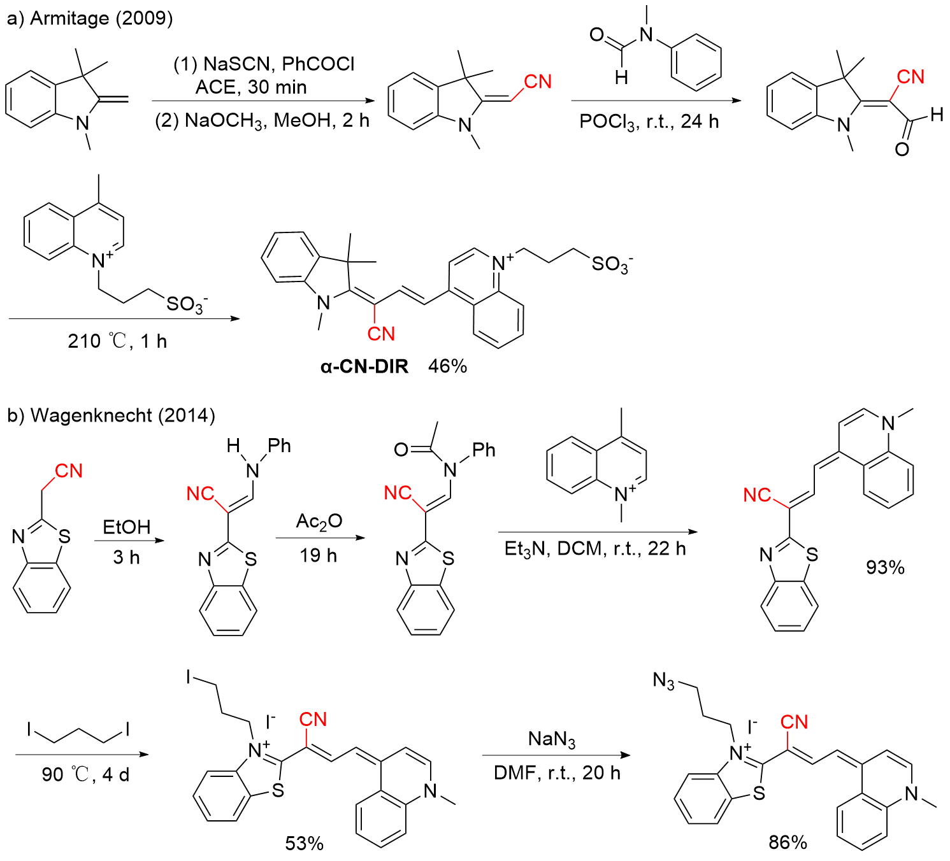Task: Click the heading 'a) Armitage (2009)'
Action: tap(89, 18)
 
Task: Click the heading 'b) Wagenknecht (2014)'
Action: tap(111, 415)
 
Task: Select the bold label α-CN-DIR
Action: tap(364, 366)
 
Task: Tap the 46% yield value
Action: tap(447, 366)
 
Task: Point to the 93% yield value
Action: tap(885, 567)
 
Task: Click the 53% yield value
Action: tap(304, 843)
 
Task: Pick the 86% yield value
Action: tap(788, 842)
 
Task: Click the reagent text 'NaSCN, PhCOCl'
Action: tap(278, 64)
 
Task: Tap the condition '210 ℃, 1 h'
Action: tap(117, 341)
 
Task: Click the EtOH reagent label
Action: tap(127, 527)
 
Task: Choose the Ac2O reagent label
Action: tap(319, 522)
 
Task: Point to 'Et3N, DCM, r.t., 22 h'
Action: tap(594, 548)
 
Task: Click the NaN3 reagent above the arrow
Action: tap(552, 739)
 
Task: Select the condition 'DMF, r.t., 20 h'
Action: tap(556, 772)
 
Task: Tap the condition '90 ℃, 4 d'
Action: tap(85, 774)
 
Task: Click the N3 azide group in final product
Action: tap(664, 681)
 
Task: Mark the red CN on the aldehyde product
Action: tap(910, 77)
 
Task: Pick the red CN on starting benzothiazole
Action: tap(69, 471)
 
